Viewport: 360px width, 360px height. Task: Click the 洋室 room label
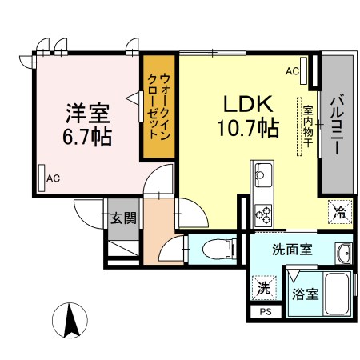tap(88, 113)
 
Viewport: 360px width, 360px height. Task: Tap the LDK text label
tap(248, 104)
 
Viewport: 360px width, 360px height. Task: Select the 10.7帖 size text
tap(248, 128)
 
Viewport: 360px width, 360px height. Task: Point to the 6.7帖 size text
tap(87, 137)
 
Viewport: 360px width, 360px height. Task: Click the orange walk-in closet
tap(159, 106)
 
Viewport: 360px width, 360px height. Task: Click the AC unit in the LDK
tap(303, 71)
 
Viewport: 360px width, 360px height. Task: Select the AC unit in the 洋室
tap(42, 178)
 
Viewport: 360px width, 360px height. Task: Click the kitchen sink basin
tap(263, 175)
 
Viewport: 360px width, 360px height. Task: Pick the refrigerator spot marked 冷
tap(340, 212)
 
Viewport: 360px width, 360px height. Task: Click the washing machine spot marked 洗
tap(264, 287)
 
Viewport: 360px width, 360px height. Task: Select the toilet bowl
tap(217, 250)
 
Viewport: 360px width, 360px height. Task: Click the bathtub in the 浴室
tap(337, 294)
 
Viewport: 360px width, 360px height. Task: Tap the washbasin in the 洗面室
tap(344, 254)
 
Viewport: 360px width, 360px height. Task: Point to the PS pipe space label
tap(266, 311)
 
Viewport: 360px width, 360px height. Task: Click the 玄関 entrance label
tap(123, 218)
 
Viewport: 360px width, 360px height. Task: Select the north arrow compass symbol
tap(70, 320)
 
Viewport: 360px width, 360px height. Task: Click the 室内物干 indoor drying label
tap(308, 126)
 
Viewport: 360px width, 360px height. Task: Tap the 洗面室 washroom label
tap(292, 250)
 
